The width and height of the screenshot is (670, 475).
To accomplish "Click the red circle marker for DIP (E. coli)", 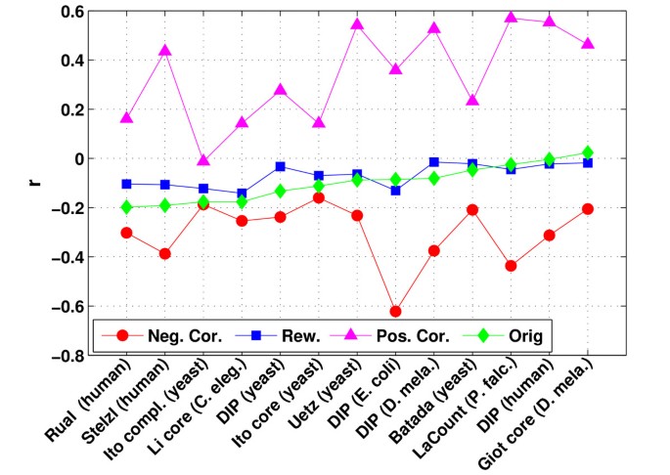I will click(395, 312).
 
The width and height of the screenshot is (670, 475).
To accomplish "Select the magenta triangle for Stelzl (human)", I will click(165, 50).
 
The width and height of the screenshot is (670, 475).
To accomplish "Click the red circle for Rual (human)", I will click(127, 233).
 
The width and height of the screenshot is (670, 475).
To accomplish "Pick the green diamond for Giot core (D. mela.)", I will click(587, 152).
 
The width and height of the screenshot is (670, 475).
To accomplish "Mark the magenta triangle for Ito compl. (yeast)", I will click(203, 160).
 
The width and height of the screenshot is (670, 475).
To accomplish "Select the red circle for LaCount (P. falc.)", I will click(511, 266).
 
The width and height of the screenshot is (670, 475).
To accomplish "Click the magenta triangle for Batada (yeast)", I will click(472, 101).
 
